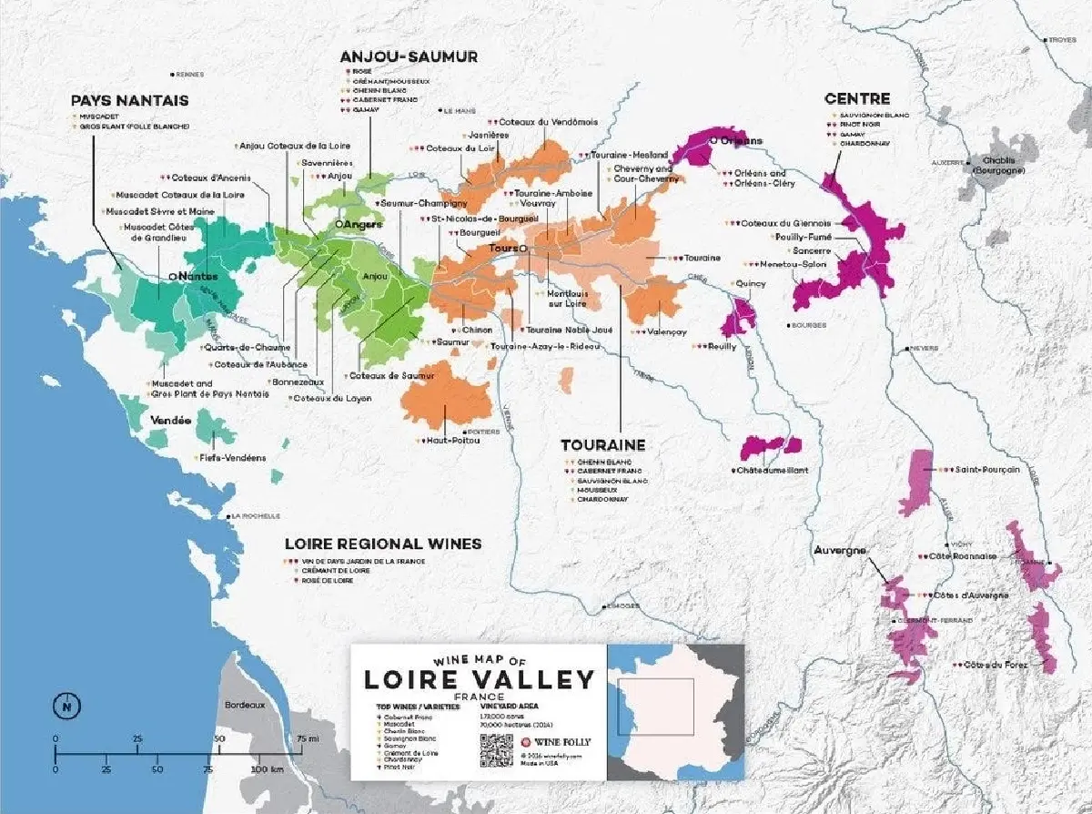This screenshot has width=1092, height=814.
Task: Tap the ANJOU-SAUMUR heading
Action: coord(409,56)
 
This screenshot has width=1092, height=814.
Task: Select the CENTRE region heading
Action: coord(856,98)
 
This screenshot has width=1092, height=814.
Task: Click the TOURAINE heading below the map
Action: coord(602,445)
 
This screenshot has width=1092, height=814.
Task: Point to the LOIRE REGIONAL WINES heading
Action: coord(383,544)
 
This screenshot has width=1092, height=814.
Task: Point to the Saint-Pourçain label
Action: coord(986,469)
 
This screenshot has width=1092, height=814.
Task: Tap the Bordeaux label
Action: coord(244,705)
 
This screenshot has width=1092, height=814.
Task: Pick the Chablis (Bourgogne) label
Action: coord(998,165)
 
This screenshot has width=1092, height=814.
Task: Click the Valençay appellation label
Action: coord(667,332)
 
